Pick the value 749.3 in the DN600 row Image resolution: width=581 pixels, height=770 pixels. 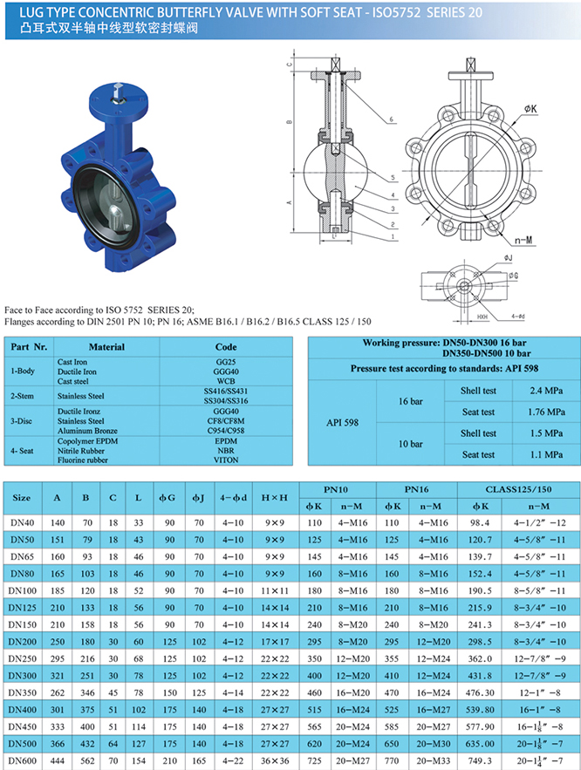click(480, 759)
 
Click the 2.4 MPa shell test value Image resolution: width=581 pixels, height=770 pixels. click(533, 391)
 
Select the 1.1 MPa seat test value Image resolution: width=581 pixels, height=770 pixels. click(533, 454)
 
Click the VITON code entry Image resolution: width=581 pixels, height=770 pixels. click(226, 459)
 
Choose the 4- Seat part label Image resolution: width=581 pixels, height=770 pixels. click(24, 450)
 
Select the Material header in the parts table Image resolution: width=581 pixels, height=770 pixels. click(106, 347)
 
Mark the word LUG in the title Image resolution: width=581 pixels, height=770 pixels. click(17, 10)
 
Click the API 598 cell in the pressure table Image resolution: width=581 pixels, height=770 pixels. click(341, 421)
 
